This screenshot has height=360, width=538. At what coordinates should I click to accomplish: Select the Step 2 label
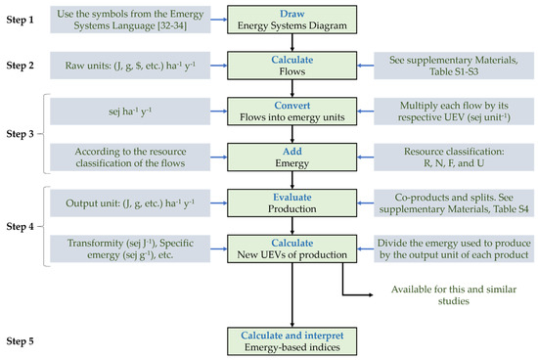pos(23,66)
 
